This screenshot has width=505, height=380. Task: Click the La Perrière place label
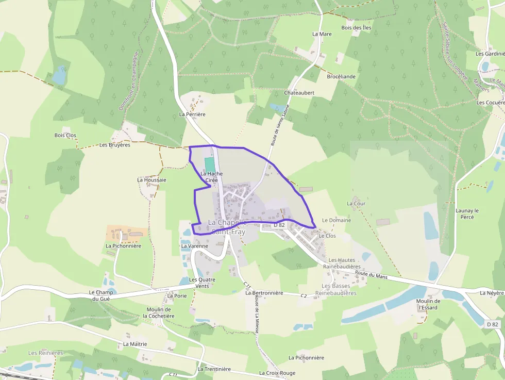pyautogui.click(x=192, y=114)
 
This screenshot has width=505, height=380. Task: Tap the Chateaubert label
pyautogui.click(x=299, y=92)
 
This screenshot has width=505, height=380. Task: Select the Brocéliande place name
pyautogui.click(x=341, y=76)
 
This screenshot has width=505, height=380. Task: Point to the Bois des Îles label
pyautogui.click(x=356, y=27)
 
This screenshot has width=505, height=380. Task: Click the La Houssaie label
pyautogui.click(x=151, y=180)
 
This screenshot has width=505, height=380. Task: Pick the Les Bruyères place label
pyautogui.click(x=115, y=145)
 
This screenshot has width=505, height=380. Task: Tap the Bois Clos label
pyautogui.click(x=65, y=135)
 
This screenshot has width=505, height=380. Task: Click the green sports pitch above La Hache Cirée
pyautogui.click(x=210, y=165)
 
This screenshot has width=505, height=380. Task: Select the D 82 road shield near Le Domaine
pyautogui.click(x=279, y=225)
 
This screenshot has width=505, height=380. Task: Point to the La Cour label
pyautogui.click(x=356, y=204)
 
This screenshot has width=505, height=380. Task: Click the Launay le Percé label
pyautogui.click(x=467, y=213)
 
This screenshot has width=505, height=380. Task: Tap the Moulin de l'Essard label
pyautogui.click(x=429, y=304)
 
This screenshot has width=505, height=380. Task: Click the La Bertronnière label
pyautogui.click(x=264, y=293)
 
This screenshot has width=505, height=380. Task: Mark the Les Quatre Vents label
pyautogui.click(x=202, y=283)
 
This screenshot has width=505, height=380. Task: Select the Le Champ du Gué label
pyautogui.click(x=97, y=295)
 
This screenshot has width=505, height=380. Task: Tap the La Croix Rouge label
pyautogui.click(x=277, y=373)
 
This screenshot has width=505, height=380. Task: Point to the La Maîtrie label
pyautogui.click(x=135, y=344)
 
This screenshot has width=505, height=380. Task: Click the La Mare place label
pyautogui.click(x=322, y=34)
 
